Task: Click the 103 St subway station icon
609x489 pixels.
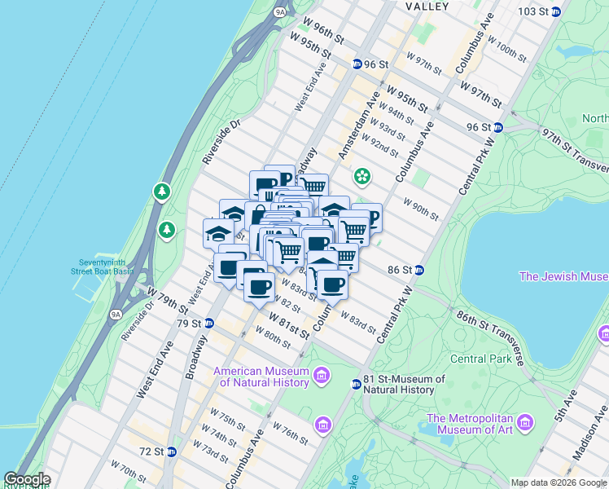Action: tap(556, 11)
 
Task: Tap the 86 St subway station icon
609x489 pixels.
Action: tap(418, 270)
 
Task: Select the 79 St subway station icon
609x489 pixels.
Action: tap(208, 323)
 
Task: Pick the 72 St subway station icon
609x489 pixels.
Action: tap(171, 452)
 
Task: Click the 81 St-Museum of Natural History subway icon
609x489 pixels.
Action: tap(356, 385)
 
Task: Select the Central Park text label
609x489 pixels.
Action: tap(480, 359)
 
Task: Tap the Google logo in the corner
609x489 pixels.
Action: tap(26, 479)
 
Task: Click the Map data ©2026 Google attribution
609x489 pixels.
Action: tap(559, 482)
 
